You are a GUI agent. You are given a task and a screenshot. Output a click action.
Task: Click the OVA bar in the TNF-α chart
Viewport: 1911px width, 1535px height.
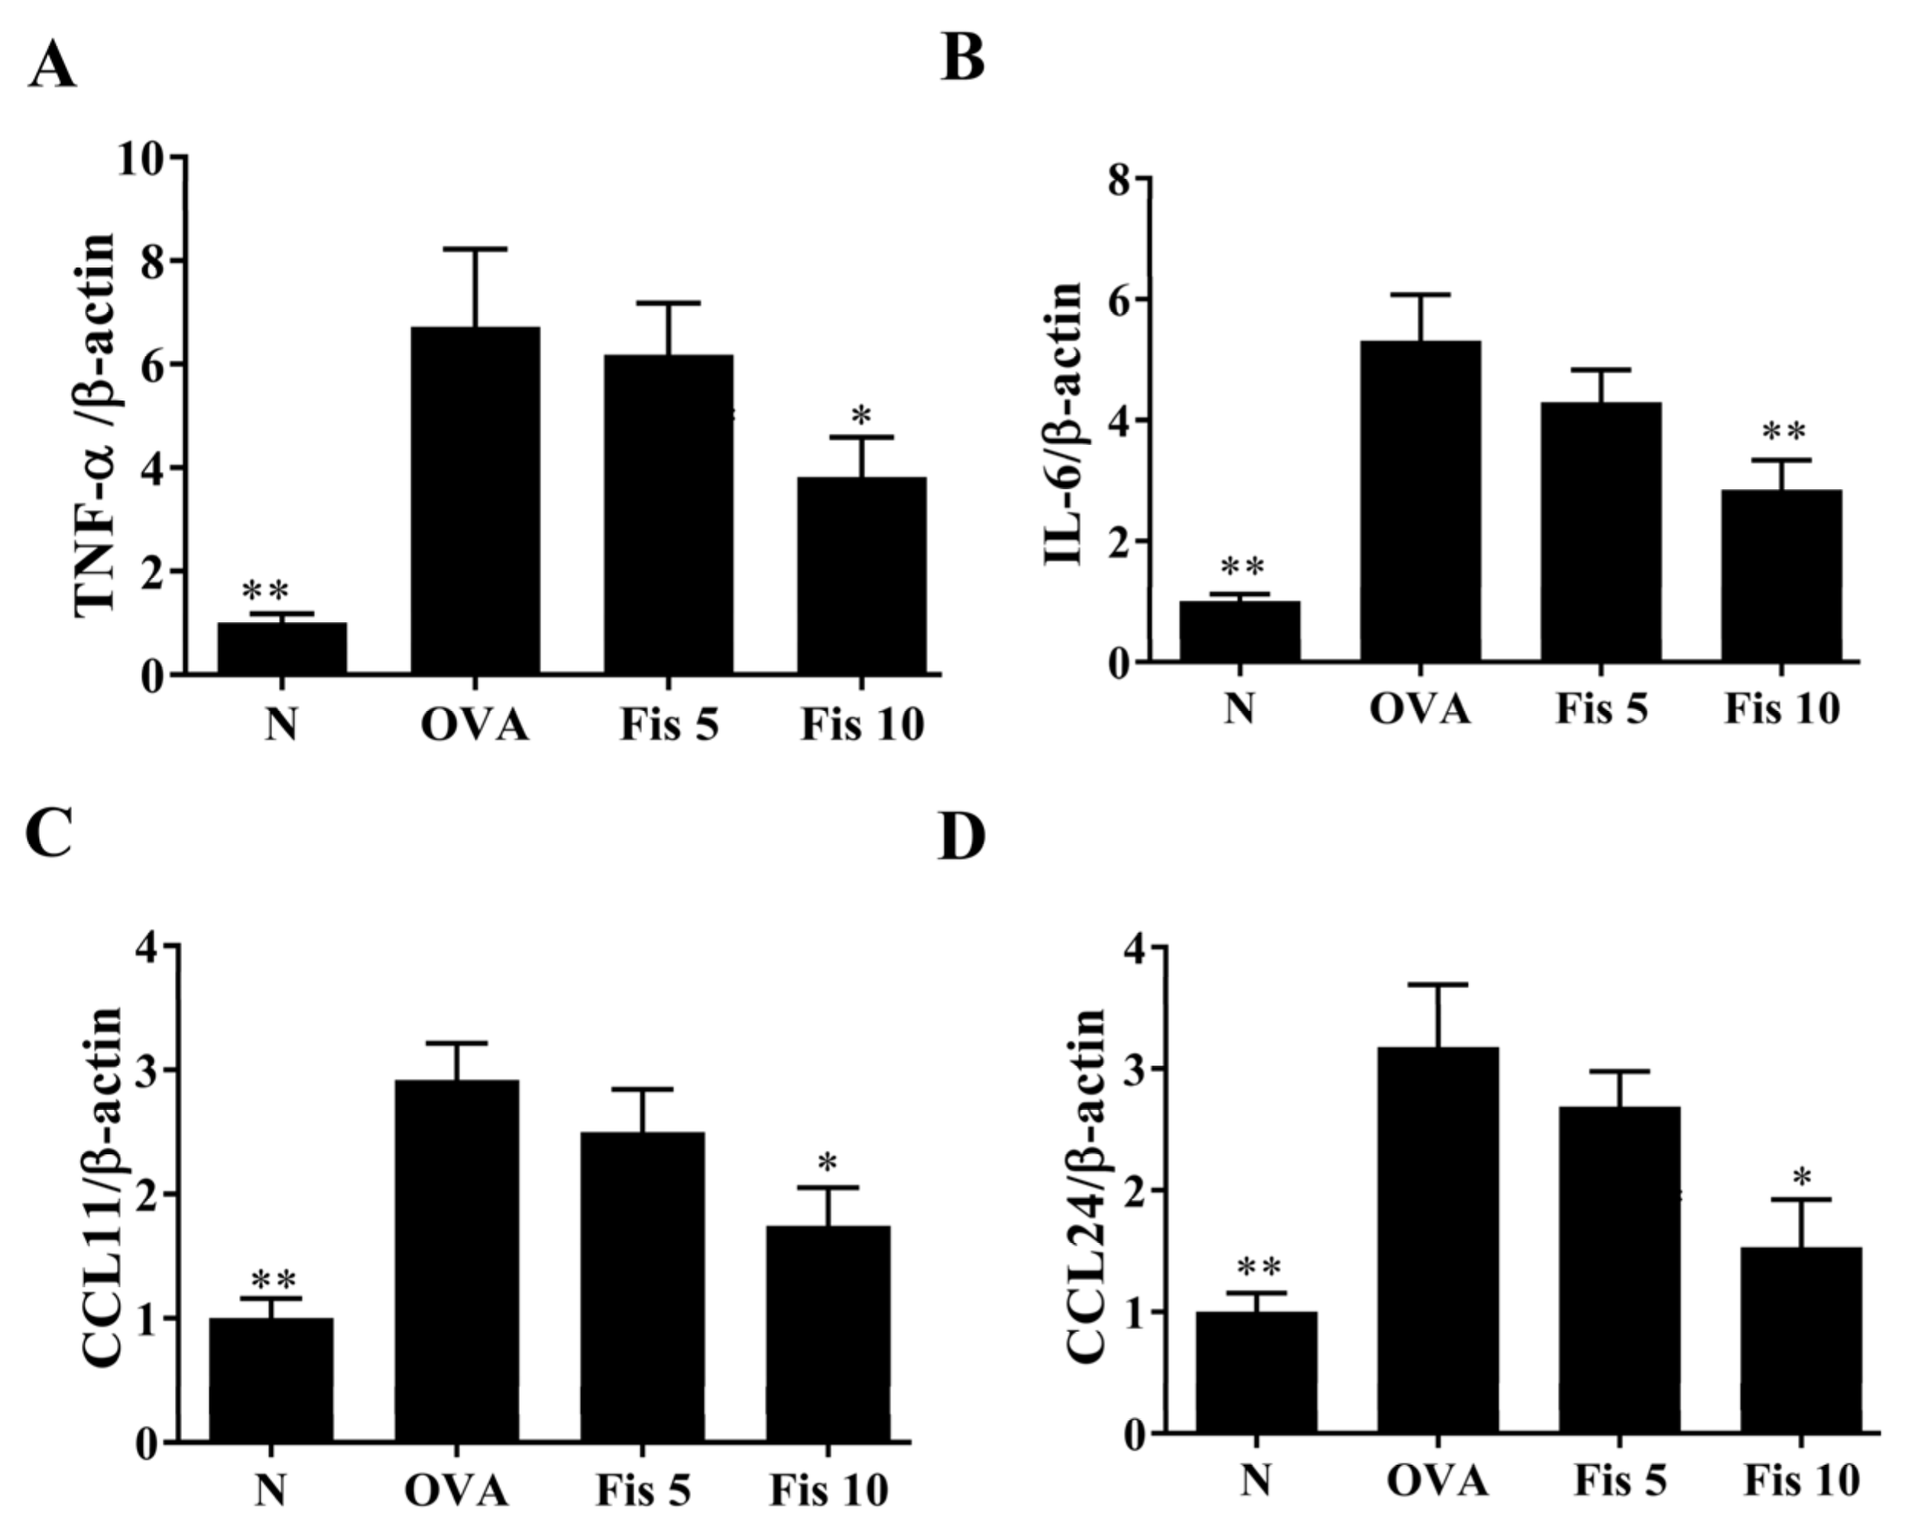point(475,501)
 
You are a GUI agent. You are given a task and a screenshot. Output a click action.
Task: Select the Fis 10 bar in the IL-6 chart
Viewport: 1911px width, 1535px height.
point(1782,576)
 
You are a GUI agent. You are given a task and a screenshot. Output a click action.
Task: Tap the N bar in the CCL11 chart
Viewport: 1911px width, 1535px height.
point(271,1379)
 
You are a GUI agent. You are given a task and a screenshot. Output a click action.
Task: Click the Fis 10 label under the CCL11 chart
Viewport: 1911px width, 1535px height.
point(829,1491)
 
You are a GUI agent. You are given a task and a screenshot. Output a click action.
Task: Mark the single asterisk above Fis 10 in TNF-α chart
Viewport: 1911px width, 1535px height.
point(861,415)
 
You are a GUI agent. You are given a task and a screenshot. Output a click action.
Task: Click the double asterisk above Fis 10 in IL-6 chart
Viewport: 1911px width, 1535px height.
point(1783,433)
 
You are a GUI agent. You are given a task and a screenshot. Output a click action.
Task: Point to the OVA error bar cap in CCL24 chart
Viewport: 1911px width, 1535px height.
point(1438,985)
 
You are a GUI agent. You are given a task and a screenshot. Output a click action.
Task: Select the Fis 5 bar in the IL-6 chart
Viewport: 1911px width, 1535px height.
point(1601,532)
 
